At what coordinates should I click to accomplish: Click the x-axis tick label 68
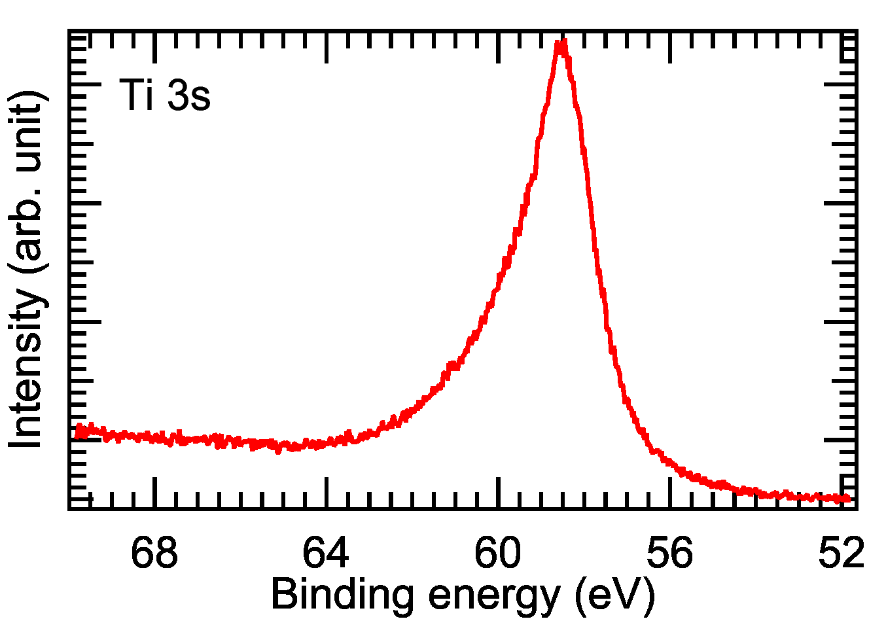pos(154,553)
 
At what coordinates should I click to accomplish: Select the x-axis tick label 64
pos(326,553)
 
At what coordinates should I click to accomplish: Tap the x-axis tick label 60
pos(498,553)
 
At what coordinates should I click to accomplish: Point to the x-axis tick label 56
pos(669,553)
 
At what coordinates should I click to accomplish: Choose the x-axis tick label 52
pos(842,553)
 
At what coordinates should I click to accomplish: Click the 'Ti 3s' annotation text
pos(165,96)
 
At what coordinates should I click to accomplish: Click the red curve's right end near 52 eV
pos(849,499)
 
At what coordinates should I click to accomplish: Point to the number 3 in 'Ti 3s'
pos(177,96)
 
